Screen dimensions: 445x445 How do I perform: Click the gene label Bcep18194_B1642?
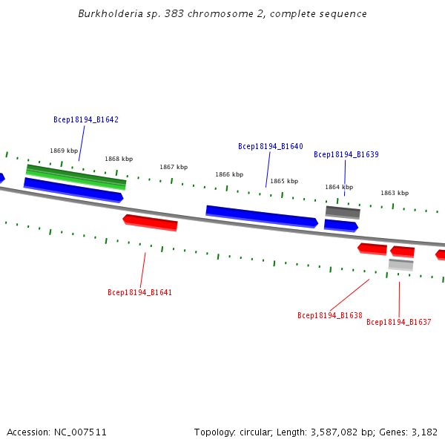[86, 119]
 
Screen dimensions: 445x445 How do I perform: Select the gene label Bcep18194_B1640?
[270, 146]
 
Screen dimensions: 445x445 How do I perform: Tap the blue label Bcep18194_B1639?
[346, 154]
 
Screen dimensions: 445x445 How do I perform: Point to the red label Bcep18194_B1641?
[139, 292]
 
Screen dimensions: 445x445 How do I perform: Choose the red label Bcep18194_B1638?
[330, 315]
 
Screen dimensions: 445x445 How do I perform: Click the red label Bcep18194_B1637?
[398, 322]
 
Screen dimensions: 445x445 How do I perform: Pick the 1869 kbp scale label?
[64, 151]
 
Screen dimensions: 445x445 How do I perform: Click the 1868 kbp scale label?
[119, 159]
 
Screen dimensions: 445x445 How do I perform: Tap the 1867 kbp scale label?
[174, 167]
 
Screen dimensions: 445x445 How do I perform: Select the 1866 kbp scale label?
[229, 174]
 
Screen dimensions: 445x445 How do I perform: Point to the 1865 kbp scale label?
[284, 181]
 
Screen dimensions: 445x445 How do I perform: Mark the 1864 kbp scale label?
[339, 187]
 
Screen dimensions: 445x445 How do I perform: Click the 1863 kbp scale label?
[395, 193]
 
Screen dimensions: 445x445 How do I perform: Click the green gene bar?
[76, 177]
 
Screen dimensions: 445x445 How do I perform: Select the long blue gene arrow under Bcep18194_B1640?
[262, 217]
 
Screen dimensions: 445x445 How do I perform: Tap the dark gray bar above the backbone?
[343, 212]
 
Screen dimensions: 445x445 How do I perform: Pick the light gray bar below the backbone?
[400, 264]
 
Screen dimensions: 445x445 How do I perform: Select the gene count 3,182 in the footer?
[424, 432]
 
